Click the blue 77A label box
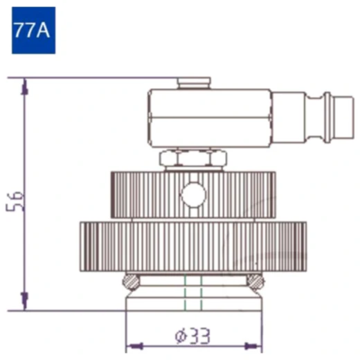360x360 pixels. pos(34,30)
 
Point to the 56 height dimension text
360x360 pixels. pos(15,201)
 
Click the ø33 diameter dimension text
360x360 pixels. pos(193,336)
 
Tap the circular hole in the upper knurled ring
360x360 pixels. pos(193,195)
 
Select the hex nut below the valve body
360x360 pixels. pos(193,158)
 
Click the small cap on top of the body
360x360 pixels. pos(194,83)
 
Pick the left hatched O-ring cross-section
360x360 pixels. pos(131,282)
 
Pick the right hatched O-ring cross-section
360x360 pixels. pos(255,282)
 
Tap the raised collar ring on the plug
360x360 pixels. pos(327,117)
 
